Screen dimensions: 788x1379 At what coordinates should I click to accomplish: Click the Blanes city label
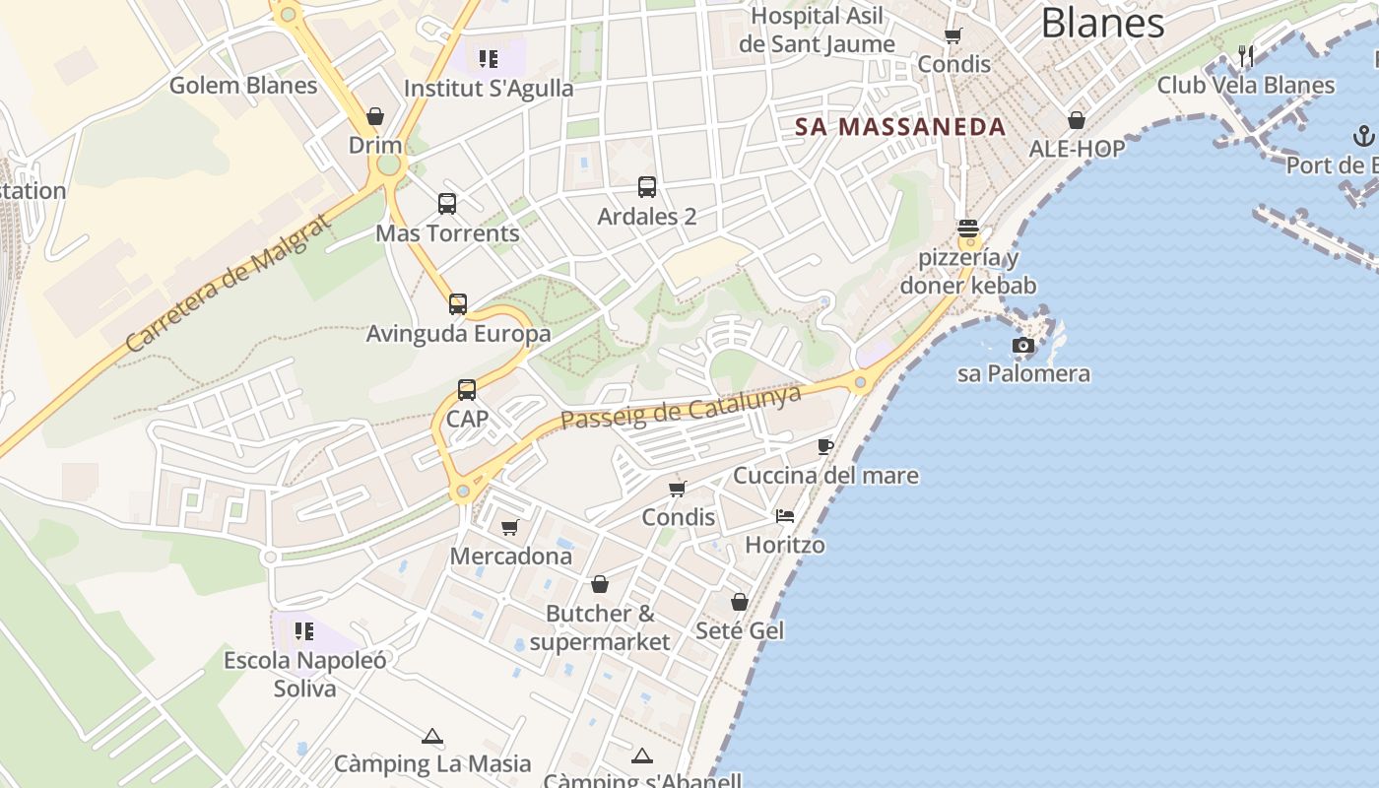click(x=1102, y=22)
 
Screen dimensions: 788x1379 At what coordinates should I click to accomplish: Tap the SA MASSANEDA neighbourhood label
click(x=900, y=127)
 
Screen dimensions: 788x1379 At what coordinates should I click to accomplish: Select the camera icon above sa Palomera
click(x=1023, y=345)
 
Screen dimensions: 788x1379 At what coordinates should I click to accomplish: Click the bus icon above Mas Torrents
click(x=447, y=204)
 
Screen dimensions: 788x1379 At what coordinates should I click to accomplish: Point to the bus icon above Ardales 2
click(x=647, y=187)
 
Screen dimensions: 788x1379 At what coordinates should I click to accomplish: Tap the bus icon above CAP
click(x=467, y=390)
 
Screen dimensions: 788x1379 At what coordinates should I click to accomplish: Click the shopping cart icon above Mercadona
click(x=510, y=528)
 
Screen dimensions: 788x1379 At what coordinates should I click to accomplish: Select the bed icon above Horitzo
click(x=784, y=516)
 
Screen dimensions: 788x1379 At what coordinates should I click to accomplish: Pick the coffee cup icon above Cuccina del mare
click(x=825, y=447)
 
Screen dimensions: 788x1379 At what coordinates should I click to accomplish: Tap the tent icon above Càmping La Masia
click(x=431, y=737)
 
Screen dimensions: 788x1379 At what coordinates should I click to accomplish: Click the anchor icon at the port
click(x=1364, y=135)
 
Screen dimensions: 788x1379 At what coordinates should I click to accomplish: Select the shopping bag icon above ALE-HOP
click(x=1077, y=120)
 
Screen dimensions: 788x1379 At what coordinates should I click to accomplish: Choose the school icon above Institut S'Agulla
click(x=489, y=59)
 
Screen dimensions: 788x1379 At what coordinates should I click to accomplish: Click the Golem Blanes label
click(x=243, y=85)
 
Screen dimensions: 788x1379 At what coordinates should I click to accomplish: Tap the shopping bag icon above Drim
click(x=375, y=116)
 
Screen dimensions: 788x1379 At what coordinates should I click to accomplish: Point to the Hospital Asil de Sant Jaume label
click(x=817, y=31)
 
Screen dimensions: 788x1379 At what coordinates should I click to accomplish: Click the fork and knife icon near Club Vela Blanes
click(x=1246, y=55)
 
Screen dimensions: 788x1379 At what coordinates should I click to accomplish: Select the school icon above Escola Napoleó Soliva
click(x=304, y=630)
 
